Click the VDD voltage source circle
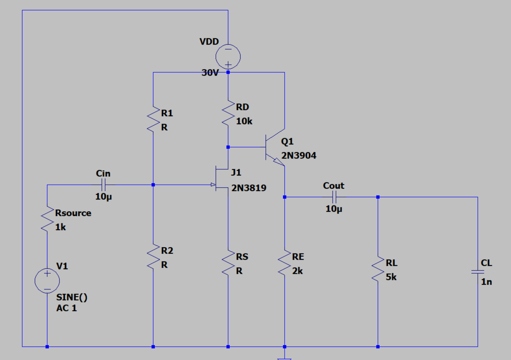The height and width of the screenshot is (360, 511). point(228,57)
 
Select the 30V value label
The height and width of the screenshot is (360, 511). point(210,73)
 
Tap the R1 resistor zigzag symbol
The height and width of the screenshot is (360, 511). point(153,119)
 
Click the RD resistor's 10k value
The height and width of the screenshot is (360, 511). point(244,121)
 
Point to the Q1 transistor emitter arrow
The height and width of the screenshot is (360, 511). point(278,162)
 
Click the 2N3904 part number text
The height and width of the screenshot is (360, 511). point(298,155)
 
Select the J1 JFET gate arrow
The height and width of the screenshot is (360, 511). point(213,185)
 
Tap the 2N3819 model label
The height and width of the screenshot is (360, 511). point(249,188)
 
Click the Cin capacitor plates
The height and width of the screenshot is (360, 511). point(104,185)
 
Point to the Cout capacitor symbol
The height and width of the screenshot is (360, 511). point(334,197)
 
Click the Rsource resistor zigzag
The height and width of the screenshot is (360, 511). point(47,219)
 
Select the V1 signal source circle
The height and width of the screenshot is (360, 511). point(47,281)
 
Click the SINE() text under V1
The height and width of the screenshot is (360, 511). point(72,297)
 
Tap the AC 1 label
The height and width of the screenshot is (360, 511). point(66,308)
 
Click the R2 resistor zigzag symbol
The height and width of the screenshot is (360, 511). point(153,256)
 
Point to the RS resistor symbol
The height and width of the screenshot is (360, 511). point(228,263)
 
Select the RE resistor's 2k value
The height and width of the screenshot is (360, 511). point(297,271)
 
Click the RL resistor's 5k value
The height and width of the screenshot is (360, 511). point(391,277)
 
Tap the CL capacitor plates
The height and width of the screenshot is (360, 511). point(478,272)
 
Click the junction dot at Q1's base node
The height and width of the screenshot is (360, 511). point(228,147)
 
